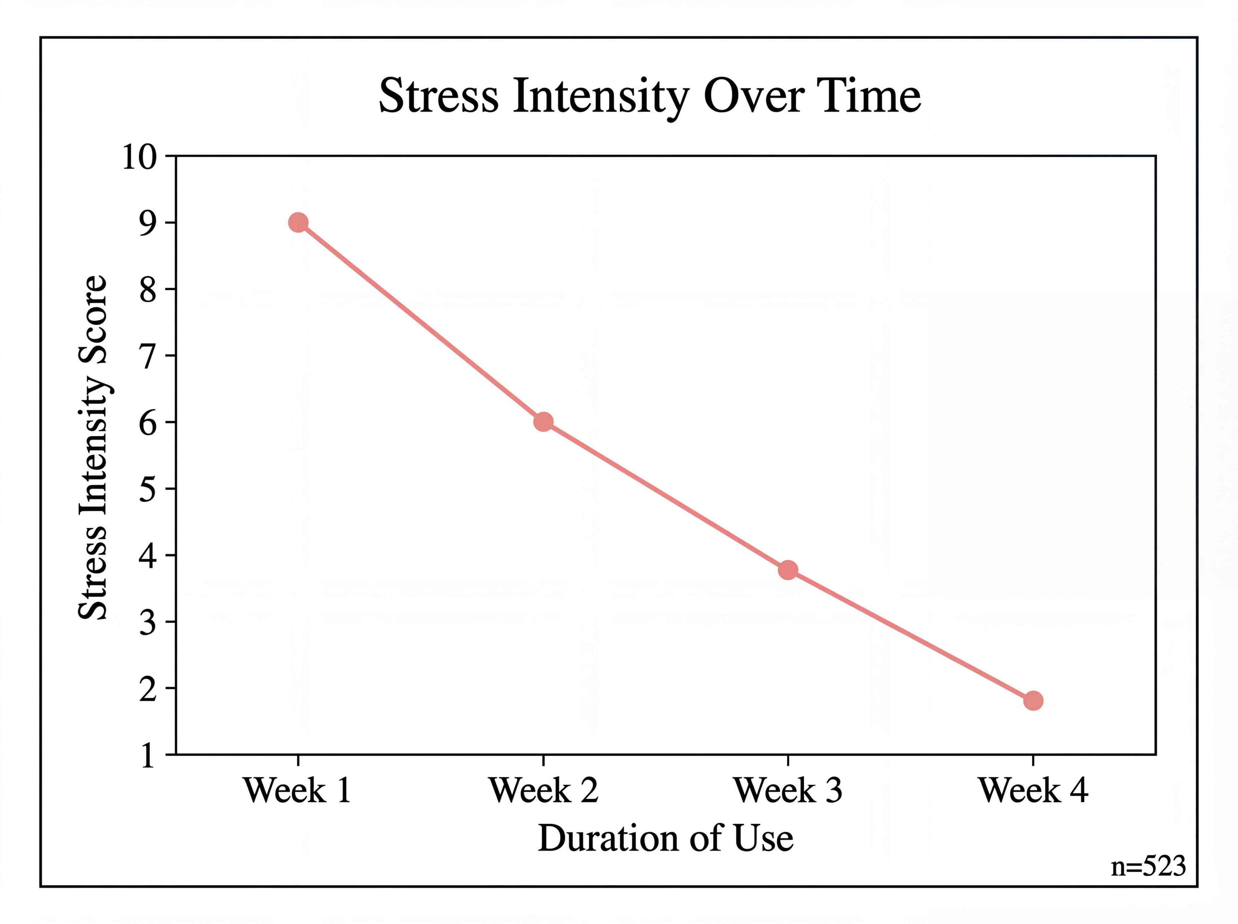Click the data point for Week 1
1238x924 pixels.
[298, 223]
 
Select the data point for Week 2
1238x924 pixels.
[543, 422]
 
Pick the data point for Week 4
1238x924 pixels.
[1033, 701]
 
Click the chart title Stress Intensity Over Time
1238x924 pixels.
[650, 96]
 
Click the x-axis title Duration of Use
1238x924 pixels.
[665, 838]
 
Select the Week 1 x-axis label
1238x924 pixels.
[298, 790]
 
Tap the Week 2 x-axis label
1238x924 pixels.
[543, 790]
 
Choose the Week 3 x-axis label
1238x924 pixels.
[788, 790]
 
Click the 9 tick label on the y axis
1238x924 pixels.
[148, 223]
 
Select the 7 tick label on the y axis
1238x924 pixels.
[148, 356]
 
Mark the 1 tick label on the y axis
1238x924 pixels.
[148, 755]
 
